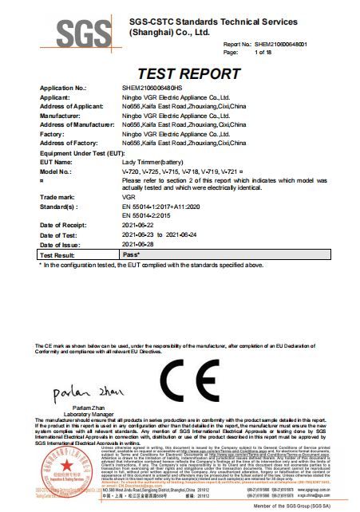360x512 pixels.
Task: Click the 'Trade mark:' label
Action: point(57,195)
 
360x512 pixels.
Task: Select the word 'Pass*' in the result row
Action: point(132,254)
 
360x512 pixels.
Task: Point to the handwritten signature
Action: point(80,395)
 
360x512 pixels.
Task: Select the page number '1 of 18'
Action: point(263,52)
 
